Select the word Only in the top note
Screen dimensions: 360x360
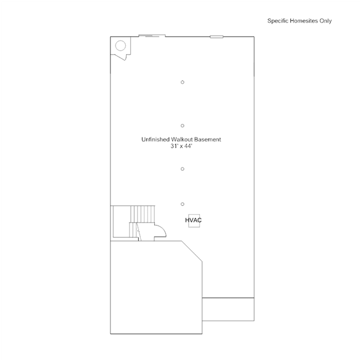tap(326, 21)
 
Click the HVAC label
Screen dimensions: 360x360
tap(193, 220)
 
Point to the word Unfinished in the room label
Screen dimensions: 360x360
tap(155, 139)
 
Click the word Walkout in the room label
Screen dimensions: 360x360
tap(182, 139)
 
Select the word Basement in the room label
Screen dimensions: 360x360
tap(208, 139)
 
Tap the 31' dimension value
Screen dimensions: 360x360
tap(174, 146)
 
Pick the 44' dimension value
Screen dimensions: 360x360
tap(188, 146)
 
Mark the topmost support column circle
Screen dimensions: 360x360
tap(183, 82)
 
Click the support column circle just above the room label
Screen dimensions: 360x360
tap(183, 126)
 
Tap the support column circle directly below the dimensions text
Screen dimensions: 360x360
tap(183, 169)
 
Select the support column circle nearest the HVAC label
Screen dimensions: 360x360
tap(183, 204)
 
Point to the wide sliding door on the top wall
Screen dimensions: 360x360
tap(152, 35)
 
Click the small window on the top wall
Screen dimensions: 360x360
tap(217, 37)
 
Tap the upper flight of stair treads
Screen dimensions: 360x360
tap(143, 214)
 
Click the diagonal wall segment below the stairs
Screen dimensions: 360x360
tap(192, 251)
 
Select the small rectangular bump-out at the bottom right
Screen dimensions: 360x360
tap(228, 309)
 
